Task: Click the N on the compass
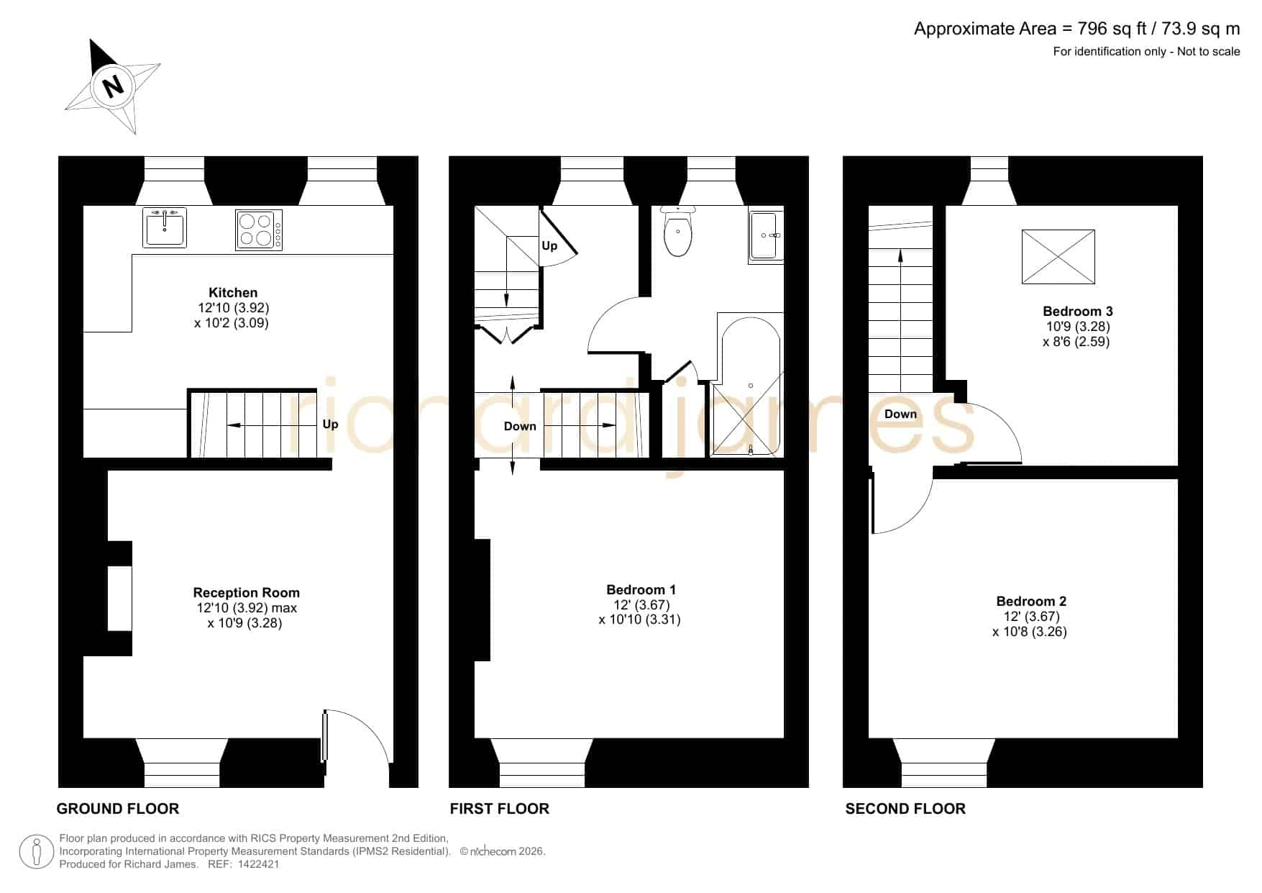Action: click(113, 86)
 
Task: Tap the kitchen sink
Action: click(165, 227)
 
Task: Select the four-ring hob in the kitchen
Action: click(259, 230)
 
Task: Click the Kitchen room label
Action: click(233, 293)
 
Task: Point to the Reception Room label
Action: click(247, 593)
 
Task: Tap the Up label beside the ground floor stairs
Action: click(330, 424)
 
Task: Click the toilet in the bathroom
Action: click(678, 231)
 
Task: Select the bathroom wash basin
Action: click(765, 235)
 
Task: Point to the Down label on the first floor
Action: click(520, 426)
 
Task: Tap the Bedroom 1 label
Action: click(641, 590)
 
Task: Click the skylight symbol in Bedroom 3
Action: click(1058, 257)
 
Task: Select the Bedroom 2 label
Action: click(1031, 602)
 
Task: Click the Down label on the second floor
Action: click(900, 414)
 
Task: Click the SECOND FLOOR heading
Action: click(905, 809)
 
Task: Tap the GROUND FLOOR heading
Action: click(118, 809)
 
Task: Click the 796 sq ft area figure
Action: click(1105, 29)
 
